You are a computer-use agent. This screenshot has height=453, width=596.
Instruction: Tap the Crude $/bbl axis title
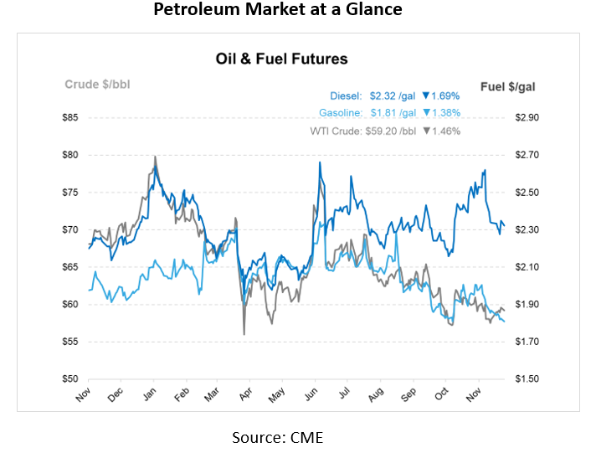[x=97, y=84]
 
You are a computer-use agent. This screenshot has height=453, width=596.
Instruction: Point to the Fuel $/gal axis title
[x=509, y=85]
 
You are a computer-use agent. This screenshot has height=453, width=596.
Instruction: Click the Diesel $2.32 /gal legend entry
[x=382, y=96]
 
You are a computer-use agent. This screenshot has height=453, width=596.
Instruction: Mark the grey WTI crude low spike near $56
[x=244, y=334]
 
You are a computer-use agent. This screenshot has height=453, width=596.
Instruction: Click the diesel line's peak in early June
[x=320, y=162]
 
